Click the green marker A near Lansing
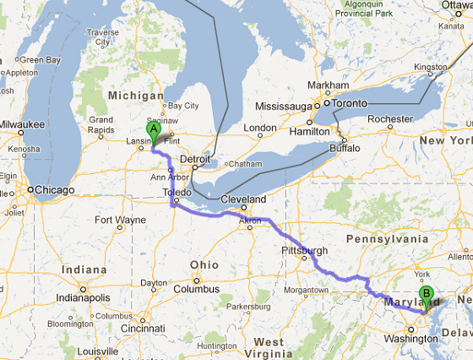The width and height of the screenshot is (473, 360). pyautogui.click(x=154, y=130)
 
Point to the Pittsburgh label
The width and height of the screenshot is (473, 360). pyautogui.click(x=305, y=251)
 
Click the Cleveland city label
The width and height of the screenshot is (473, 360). pyautogui.click(x=244, y=199)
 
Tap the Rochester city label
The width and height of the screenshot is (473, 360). pyautogui.click(x=389, y=119)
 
